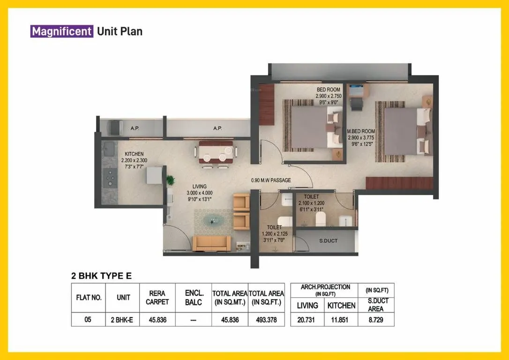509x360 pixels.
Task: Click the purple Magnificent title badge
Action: pyautogui.click(x=61, y=31)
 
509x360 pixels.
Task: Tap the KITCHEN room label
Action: pyautogui.click(x=134, y=154)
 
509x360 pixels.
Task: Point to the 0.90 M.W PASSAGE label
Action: pyautogui.click(x=271, y=180)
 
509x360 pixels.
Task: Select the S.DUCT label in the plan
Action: pyautogui.click(x=329, y=241)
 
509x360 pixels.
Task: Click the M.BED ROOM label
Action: pyautogui.click(x=361, y=131)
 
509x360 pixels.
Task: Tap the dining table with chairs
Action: pyautogui.click(x=215, y=153)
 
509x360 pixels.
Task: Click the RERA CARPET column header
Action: pyautogui.click(x=157, y=298)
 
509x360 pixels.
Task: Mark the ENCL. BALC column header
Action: pyautogui.click(x=193, y=298)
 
